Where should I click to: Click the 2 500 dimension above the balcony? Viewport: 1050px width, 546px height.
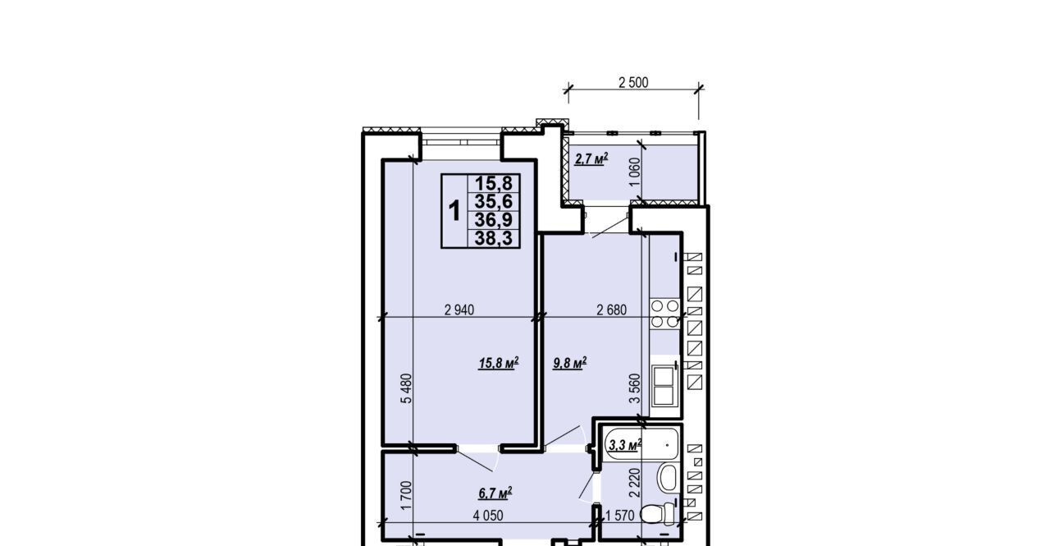(x=633, y=83)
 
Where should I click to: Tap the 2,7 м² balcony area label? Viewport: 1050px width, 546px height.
(x=591, y=159)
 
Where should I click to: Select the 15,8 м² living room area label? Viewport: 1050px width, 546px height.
(x=498, y=363)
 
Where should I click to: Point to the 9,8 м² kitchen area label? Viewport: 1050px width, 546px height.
(x=570, y=363)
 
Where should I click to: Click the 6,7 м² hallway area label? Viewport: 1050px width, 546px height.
(x=495, y=493)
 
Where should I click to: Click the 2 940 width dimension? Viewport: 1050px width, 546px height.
(x=459, y=310)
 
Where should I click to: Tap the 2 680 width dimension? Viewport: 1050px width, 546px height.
(x=611, y=310)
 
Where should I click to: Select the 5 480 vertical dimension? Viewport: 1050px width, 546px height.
(x=406, y=388)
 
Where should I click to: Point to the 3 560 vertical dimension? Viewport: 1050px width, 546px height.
(x=634, y=388)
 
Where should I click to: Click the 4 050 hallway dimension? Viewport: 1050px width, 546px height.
(x=488, y=516)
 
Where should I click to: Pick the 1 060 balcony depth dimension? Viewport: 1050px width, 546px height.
(x=635, y=172)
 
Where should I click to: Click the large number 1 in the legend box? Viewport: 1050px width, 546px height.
(x=454, y=211)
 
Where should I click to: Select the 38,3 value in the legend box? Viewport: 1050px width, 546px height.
(x=494, y=239)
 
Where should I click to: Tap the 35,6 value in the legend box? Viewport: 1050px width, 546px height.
(x=494, y=202)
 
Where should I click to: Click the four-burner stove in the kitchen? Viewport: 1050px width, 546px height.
(x=664, y=314)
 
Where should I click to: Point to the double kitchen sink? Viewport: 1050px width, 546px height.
(x=664, y=386)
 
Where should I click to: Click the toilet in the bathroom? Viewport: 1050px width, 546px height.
(x=658, y=513)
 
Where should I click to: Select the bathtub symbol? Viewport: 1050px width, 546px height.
(x=639, y=443)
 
